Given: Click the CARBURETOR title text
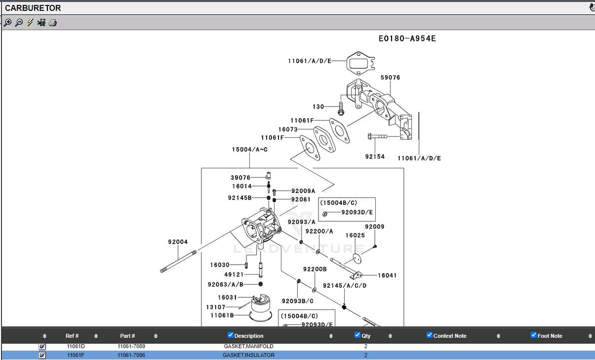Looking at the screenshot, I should [x=33, y=8].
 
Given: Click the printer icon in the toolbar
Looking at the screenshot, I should [x=53, y=23].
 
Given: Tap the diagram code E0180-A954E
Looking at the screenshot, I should [x=407, y=39].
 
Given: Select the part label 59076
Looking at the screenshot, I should [x=390, y=78].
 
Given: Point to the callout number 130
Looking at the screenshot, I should [x=318, y=107].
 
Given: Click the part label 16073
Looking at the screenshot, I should [x=288, y=129].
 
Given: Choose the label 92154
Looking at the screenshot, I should [x=375, y=157].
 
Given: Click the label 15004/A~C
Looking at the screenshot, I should [x=249, y=149].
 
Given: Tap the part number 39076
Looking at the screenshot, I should [x=240, y=178].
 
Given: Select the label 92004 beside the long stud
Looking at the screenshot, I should [x=178, y=242].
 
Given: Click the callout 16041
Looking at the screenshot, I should [x=387, y=276].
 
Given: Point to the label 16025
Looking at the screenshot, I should [x=355, y=236].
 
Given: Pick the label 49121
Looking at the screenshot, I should [x=234, y=275].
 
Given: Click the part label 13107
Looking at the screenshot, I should [x=216, y=307].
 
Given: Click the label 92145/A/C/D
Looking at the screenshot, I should [x=345, y=285].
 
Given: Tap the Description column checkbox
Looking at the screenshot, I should [x=230, y=335].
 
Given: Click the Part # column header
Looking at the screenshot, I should [x=127, y=336].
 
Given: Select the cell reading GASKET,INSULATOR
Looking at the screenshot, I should [x=248, y=355].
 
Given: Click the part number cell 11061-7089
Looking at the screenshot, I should [x=131, y=347].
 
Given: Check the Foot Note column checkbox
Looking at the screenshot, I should [x=534, y=335].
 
